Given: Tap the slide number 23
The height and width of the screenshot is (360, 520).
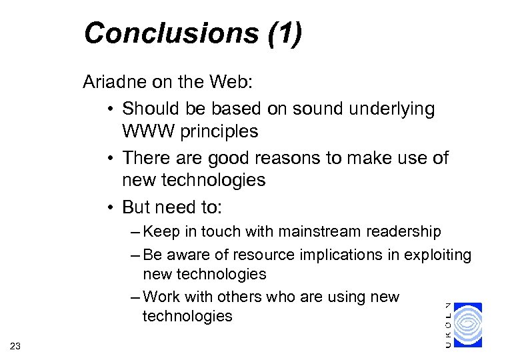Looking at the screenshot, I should (16, 344).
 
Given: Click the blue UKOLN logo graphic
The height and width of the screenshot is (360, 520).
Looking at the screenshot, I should (468, 325).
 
